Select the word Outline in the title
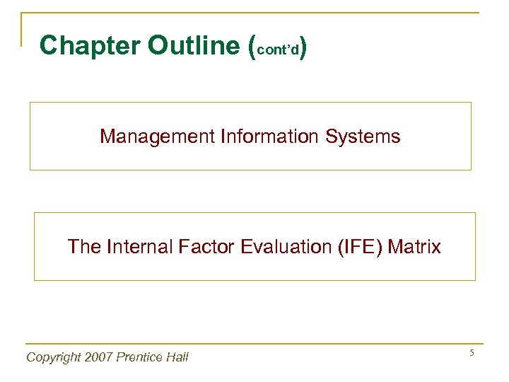(194, 45)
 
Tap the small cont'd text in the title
(277, 50)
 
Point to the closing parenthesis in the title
(303, 47)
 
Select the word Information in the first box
(263, 136)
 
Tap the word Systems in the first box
(363, 136)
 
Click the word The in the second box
(83, 247)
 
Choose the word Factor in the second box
(201, 247)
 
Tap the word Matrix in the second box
(415, 247)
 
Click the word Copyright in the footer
(54, 357)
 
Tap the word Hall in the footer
(177, 357)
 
